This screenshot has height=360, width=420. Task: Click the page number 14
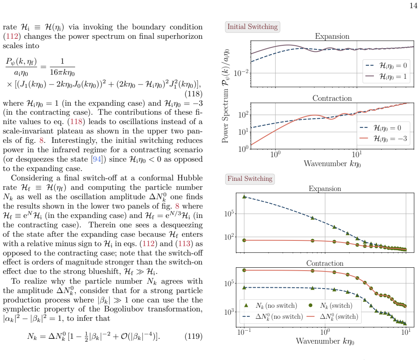coord(413,6)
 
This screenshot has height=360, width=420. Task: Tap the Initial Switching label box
coord(253,27)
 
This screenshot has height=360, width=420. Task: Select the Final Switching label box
coord(250,179)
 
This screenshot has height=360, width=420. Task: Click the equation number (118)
coord(193,94)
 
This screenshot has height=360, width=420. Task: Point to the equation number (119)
coord(193,336)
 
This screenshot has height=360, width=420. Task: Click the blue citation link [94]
coord(96,159)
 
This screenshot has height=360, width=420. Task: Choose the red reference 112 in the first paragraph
coord(12,36)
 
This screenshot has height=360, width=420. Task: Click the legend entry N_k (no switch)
coord(270,306)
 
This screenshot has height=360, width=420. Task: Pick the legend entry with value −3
coord(383,138)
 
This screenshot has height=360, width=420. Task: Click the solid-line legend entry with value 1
coord(386,77)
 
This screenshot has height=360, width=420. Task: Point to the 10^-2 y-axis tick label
coord(241,73)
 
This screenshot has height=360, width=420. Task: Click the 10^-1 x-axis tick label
coord(244,332)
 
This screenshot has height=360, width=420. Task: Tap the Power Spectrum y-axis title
coord(226,96)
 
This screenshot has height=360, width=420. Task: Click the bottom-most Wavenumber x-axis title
coord(325,341)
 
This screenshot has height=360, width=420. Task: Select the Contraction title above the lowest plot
coord(325,263)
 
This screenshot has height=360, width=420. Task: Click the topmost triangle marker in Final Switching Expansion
coord(244,197)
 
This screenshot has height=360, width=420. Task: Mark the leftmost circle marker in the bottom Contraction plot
coord(244,270)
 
